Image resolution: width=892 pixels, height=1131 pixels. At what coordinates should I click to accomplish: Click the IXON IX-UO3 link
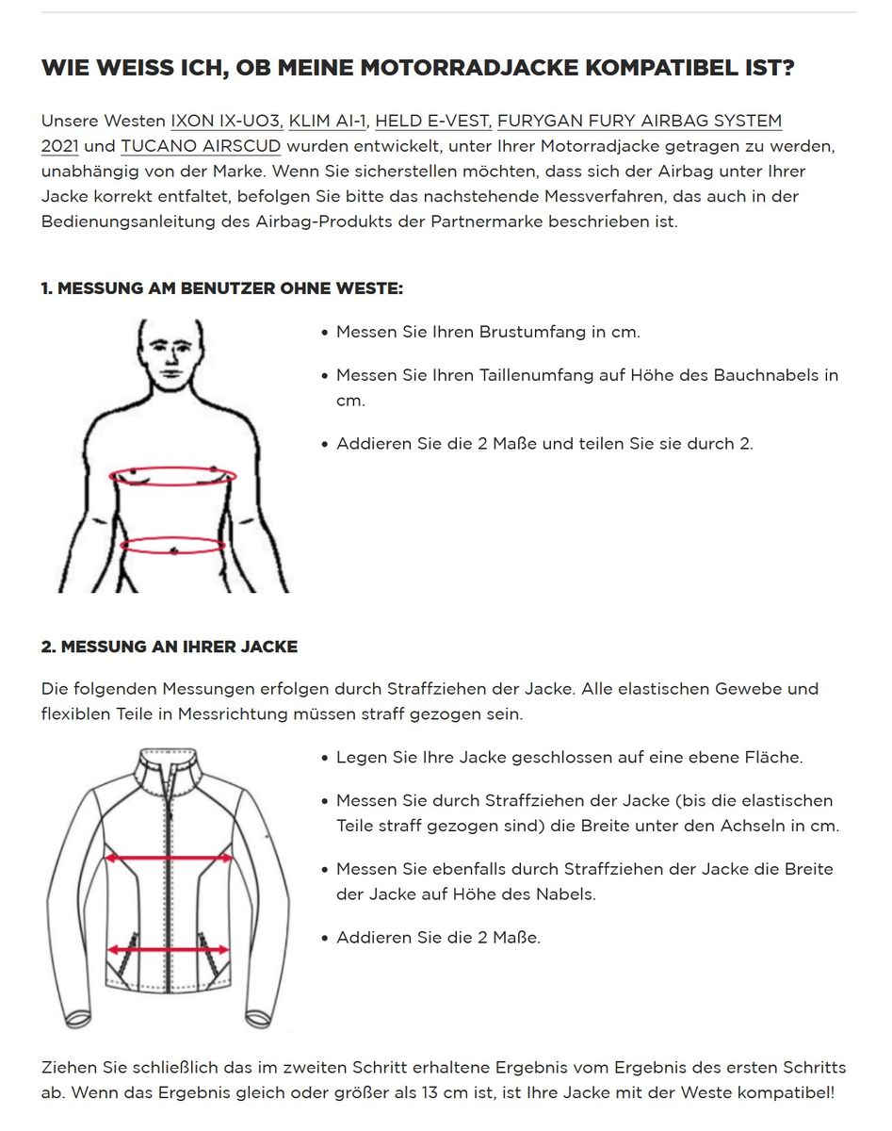click(x=227, y=122)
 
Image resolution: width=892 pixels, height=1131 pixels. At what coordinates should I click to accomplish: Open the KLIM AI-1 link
click(x=328, y=122)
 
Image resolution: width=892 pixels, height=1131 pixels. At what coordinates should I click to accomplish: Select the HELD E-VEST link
click(x=432, y=122)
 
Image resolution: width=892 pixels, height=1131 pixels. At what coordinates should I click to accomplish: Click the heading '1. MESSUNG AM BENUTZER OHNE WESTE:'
click(x=221, y=288)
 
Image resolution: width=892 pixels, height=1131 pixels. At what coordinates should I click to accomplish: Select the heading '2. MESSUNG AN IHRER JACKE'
click(x=170, y=647)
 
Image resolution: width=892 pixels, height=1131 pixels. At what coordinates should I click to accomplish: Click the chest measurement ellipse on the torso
click(x=173, y=476)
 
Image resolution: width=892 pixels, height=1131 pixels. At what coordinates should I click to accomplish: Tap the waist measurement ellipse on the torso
click(x=173, y=545)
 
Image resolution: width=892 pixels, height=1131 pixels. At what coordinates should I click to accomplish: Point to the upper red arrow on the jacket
click(x=169, y=859)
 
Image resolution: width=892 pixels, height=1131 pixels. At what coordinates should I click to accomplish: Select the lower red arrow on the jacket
click(x=169, y=951)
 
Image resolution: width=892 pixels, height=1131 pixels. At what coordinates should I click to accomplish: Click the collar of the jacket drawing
click(x=170, y=764)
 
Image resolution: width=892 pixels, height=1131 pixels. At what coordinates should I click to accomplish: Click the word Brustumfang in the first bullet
click(x=532, y=333)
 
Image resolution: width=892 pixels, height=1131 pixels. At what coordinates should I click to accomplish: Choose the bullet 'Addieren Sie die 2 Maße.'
click(x=438, y=938)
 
